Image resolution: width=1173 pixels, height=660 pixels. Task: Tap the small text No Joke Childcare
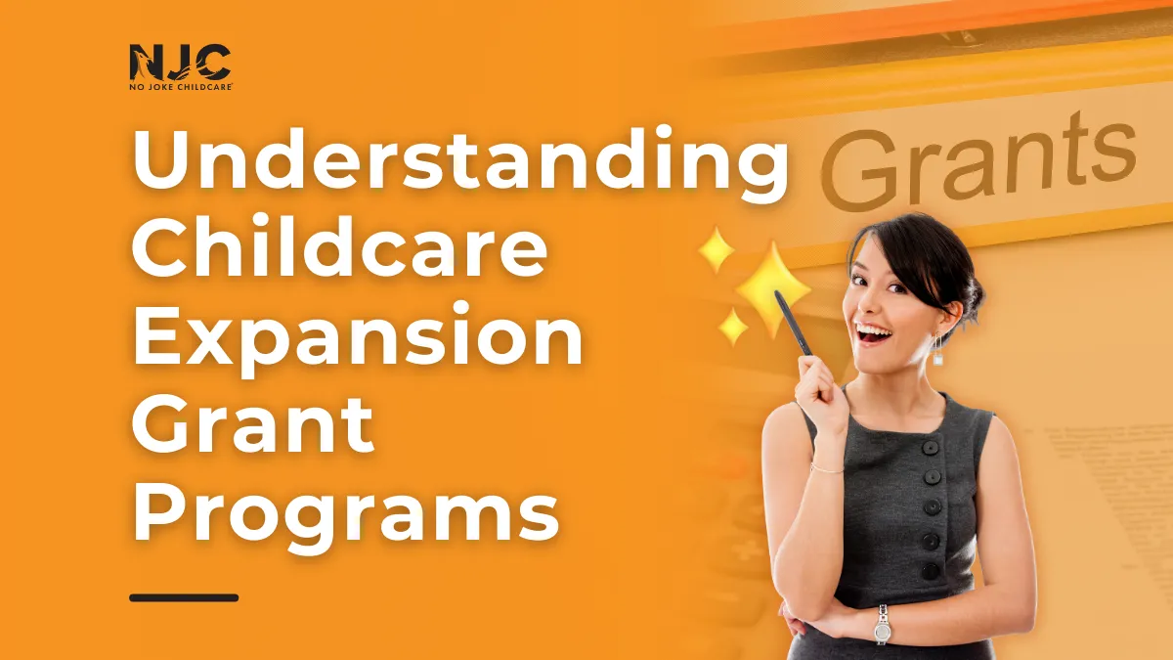[x=180, y=86]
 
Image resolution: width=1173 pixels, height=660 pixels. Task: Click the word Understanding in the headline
[x=458, y=161]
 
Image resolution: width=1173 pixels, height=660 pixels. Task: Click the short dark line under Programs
[x=184, y=596]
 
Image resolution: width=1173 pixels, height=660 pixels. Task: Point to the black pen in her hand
[x=793, y=322]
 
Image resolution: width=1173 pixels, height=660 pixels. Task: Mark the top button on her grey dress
[x=930, y=447]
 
